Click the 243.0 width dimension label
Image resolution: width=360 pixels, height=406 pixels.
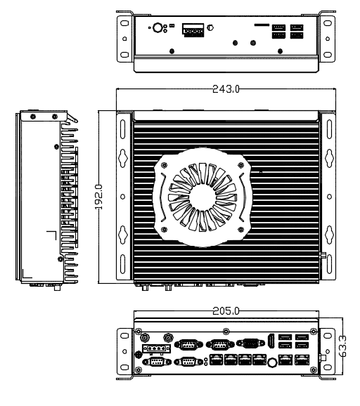226,89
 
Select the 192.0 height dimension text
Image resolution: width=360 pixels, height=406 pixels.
98,197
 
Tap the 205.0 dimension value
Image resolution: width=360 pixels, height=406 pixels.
226,311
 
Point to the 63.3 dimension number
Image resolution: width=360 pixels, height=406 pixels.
342,346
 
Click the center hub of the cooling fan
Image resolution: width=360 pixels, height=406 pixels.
202,197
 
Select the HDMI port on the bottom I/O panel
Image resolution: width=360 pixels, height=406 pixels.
271,341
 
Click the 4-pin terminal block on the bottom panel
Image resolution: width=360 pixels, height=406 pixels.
157,348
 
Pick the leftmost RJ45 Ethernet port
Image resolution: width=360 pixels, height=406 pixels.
216,360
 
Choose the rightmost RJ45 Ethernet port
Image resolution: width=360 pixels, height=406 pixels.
302,360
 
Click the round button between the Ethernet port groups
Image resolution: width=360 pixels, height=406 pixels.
272,362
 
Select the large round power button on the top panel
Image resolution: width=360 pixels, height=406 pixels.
157,27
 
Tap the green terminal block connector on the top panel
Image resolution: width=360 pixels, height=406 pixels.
193,30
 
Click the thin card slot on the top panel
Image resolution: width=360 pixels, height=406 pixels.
262,25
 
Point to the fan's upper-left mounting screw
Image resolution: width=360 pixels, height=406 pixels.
164,165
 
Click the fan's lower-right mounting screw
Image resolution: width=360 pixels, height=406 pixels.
240,230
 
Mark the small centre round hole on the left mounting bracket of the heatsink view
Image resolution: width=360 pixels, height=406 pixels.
123,197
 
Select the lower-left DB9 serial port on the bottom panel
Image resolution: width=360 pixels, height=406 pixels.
157,362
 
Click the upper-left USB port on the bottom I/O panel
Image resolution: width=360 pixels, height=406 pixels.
285,337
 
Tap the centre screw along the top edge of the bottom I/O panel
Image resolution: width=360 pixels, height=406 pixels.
226,331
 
